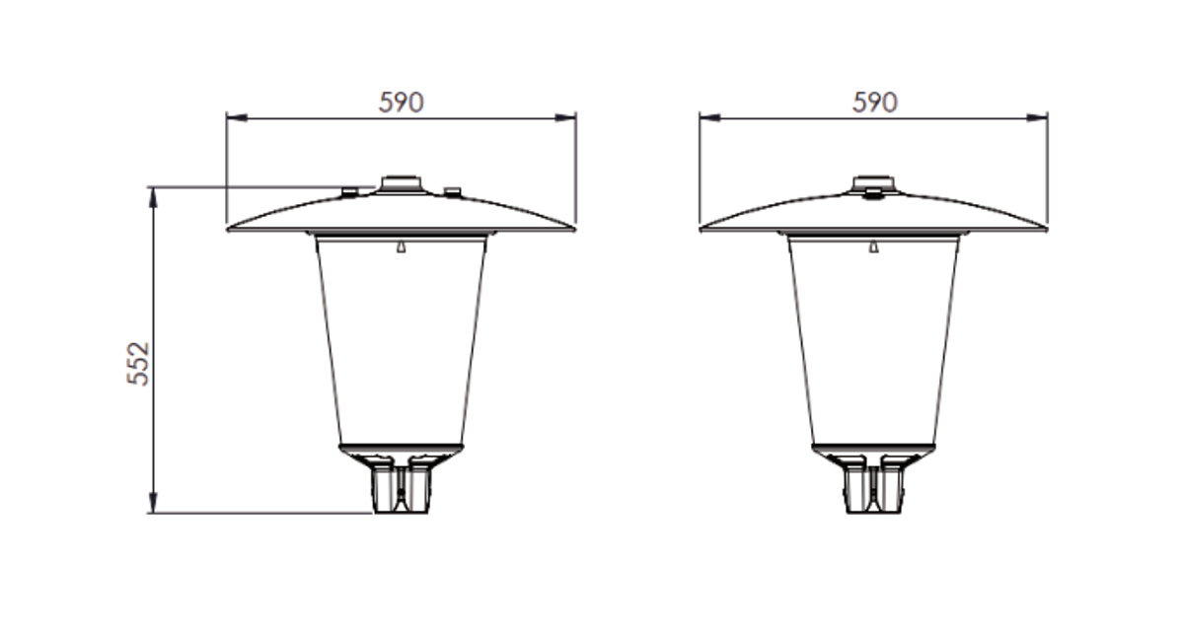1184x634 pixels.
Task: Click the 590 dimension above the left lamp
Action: (x=402, y=103)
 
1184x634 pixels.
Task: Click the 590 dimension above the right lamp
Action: (x=875, y=103)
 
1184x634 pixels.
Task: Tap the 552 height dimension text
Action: (x=138, y=364)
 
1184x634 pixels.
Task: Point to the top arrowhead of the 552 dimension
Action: (x=153, y=197)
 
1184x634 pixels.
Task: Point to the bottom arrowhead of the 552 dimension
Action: (x=153, y=503)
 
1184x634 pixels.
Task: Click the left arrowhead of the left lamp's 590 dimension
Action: (x=237, y=117)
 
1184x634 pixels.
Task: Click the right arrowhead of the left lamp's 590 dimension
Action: (x=565, y=117)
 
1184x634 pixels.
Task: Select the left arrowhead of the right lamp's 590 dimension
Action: (x=709, y=117)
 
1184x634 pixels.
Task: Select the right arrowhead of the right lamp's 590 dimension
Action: (x=1037, y=117)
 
